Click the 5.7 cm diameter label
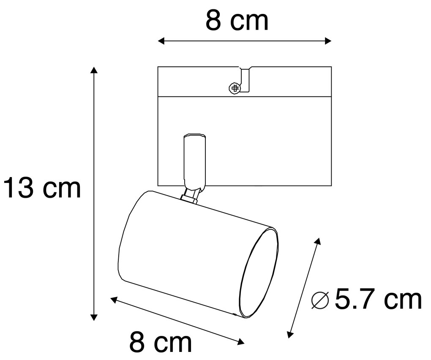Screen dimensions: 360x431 (378, 300)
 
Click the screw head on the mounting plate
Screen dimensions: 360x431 (234, 88)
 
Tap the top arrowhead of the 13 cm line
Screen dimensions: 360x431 (94, 70)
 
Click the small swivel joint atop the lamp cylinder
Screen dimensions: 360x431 (190, 196)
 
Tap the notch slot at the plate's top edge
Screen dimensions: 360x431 (245, 79)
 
